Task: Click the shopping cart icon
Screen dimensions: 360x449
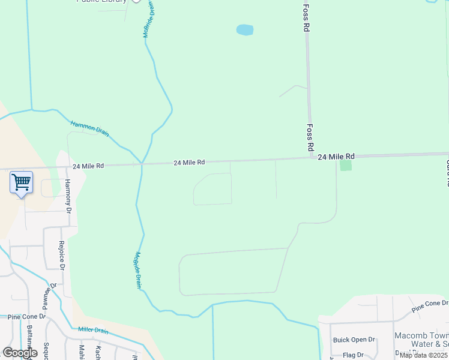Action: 21,182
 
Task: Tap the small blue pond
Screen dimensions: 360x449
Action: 244,29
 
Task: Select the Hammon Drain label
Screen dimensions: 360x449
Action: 90,128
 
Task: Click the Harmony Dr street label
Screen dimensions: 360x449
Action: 68,197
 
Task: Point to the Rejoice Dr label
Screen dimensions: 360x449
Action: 61,255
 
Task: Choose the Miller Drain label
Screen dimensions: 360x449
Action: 93,331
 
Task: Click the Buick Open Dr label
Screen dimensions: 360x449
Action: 354,340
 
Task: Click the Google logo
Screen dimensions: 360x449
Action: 20,353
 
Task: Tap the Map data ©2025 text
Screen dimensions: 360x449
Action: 423,355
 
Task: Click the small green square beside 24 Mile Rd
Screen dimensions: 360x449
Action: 345,164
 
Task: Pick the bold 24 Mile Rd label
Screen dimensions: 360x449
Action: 336,157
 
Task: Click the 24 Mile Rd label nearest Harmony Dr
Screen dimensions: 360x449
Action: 88,166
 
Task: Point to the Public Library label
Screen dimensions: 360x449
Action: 102,1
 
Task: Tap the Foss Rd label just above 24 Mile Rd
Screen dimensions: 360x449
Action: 310,137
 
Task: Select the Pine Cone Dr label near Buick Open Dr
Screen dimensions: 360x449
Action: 430,307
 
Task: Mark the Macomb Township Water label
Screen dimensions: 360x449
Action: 421,340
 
